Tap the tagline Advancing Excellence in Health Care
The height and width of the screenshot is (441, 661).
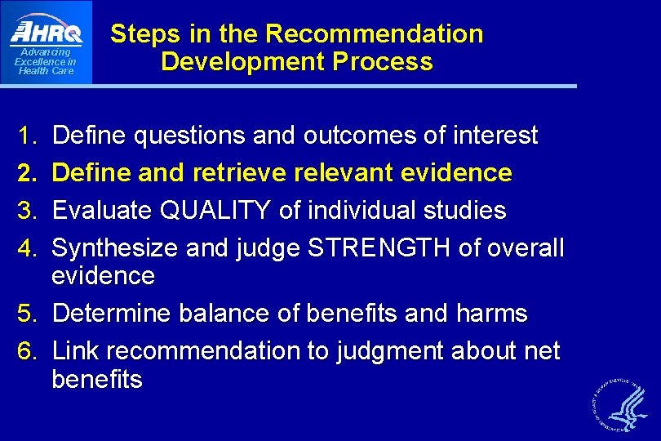(x=46, y=61)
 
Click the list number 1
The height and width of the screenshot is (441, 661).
(x=29, y=136)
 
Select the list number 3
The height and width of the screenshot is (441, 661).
(x=29, y=211)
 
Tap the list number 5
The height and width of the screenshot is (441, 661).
(x=29, y=314)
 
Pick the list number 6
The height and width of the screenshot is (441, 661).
(x=29, y=351)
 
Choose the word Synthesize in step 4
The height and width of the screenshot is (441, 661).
(x=115, y=248)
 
